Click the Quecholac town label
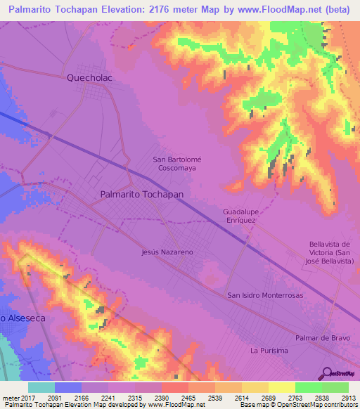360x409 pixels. [x=89, y=78]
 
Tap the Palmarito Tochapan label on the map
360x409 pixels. [x=142, y=193]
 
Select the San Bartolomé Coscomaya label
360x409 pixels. [x=176, y=164]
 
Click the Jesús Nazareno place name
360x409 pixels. [x=167, y=252]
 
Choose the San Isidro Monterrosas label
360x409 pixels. [x=265, y=295]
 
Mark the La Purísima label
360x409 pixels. [x=269, y=350]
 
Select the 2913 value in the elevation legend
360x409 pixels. [x=348, y=398]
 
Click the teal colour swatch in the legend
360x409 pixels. [x=41, y=387]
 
